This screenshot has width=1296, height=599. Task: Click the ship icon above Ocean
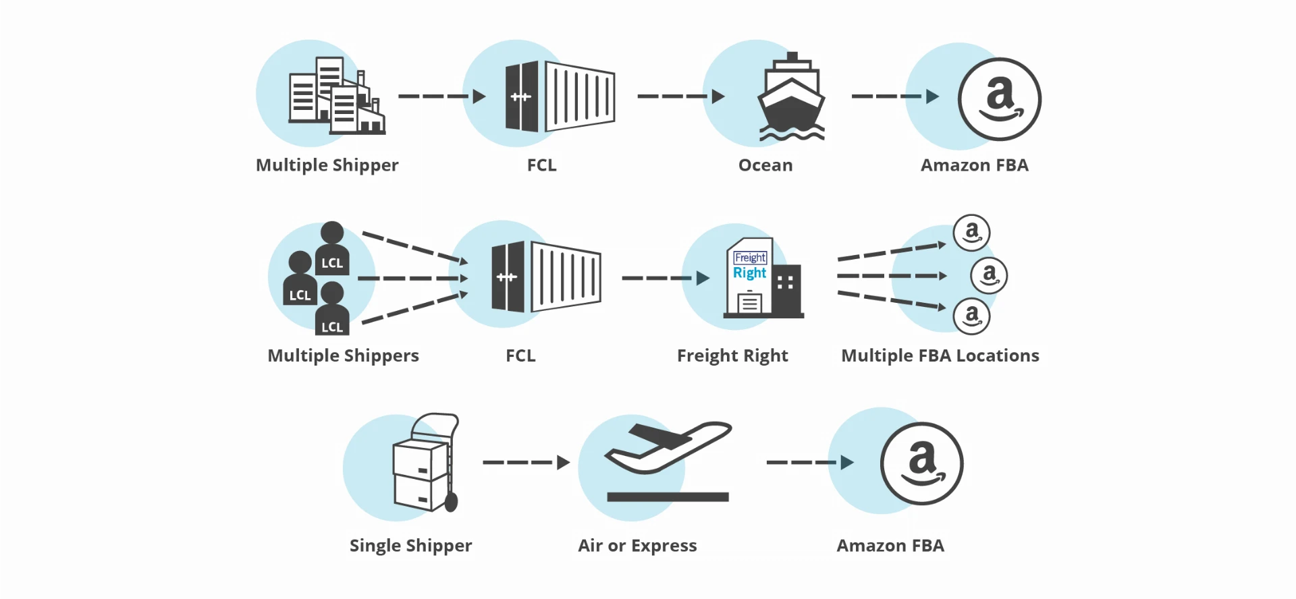792,97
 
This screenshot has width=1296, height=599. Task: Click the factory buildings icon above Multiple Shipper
337,96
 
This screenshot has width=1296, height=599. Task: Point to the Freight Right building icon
763,278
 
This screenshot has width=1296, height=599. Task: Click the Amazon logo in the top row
1000,99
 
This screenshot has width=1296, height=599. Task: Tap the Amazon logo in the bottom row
922,463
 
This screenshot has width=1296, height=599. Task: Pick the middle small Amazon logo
989,275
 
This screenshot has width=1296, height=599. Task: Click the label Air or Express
637,546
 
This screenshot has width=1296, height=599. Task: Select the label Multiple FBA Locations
940,355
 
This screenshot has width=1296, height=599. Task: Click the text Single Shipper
410,546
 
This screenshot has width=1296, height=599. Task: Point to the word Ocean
765,165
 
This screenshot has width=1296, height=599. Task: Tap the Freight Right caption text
732,355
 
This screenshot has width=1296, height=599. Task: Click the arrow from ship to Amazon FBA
895,96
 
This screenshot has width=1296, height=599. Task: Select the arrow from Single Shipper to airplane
526,462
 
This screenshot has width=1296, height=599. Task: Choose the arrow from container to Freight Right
666,278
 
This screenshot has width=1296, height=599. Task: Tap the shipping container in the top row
560,96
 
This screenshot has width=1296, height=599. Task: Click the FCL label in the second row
520,355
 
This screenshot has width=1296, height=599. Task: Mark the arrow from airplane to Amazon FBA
811,462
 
